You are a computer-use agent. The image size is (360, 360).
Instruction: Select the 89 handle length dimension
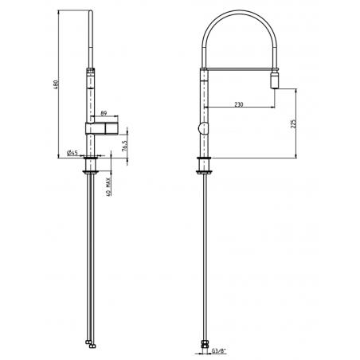[x=105, y=115]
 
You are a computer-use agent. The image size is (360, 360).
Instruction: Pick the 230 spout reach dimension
[x=240, y=104]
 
